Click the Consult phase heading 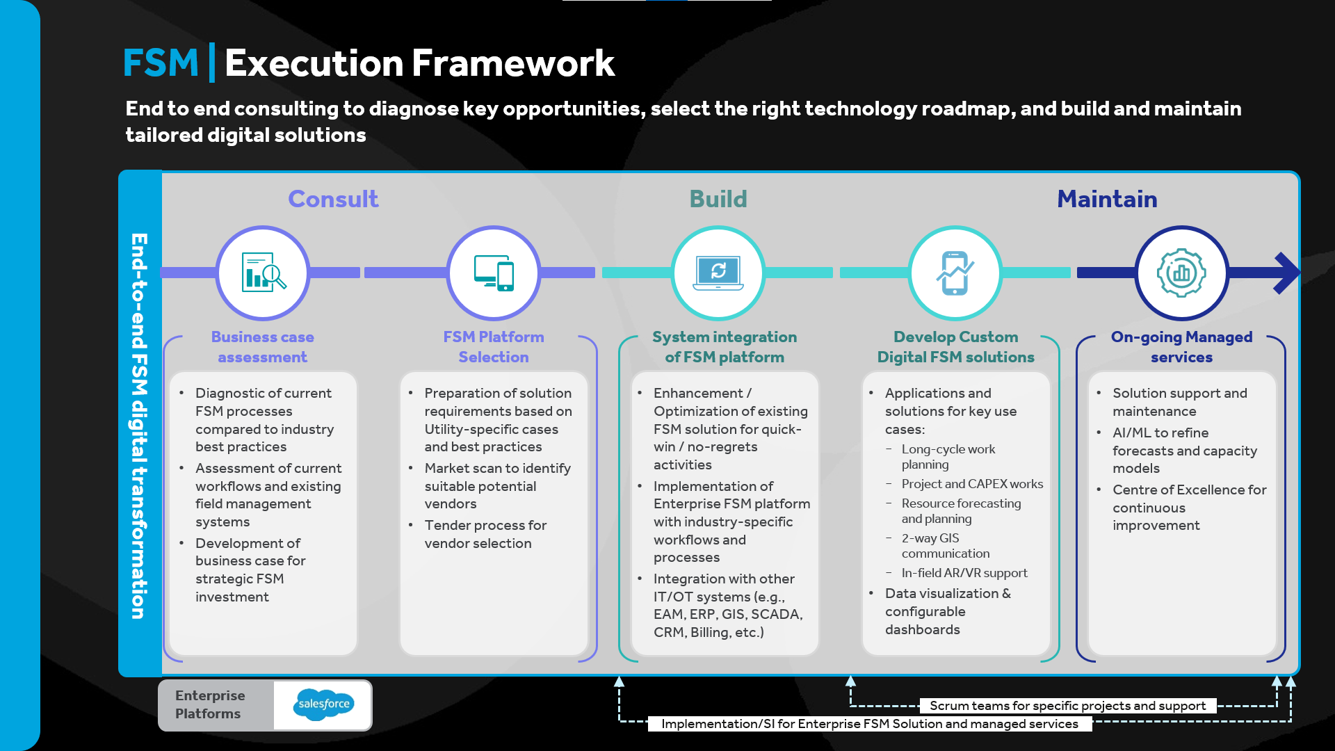(333, 199)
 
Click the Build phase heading (718, 199)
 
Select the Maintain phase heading (1107, 199)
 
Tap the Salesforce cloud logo (324, 704)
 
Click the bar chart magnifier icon (264, 272)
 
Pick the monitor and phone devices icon (494, 273)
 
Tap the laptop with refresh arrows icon (718, 273)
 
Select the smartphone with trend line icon (955, 273)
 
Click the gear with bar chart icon (1181, 273)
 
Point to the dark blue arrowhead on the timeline (1287, 273)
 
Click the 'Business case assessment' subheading (263, 347)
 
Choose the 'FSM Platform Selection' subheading (494, 347)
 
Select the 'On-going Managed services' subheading (1181, 347)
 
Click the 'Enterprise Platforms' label (210, 704)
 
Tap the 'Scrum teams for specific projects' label (1067, 706)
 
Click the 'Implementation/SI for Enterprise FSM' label (870, 724)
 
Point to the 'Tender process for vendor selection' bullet (485, 534)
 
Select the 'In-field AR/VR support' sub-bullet (964, 573)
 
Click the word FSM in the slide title (161, 63)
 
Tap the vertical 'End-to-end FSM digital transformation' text (140, 426)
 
